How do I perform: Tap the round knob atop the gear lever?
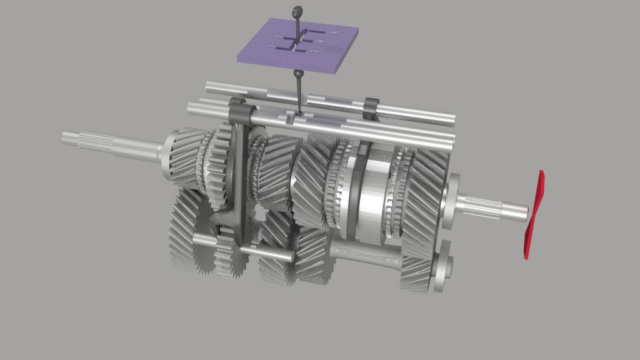click(x=297, y=11)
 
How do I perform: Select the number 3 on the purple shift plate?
click(x=277, y=38)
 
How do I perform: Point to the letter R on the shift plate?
click(x=335, y=32)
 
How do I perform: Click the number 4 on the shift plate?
click(x=321, y=42)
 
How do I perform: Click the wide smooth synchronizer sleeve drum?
click(x=374, y=194)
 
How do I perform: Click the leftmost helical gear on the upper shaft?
click(x=183, y=159)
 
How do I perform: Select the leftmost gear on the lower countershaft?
click(x=186, y=234)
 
